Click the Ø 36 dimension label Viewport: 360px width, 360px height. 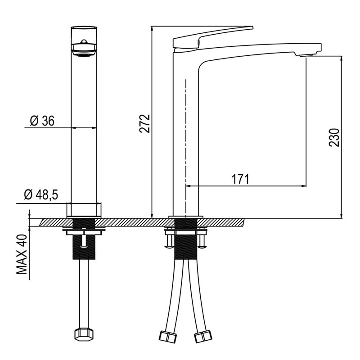[x=42, y=121]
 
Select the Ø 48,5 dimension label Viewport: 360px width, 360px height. [x=41, y=195]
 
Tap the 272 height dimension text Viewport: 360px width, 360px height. [x=144, y=123]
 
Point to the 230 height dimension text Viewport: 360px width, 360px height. [x=334, y=138]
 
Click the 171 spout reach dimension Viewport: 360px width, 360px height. [x=240, y=179]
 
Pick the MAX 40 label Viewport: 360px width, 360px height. [x=22, y=254]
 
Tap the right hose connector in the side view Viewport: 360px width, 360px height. [x=203, y=336]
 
